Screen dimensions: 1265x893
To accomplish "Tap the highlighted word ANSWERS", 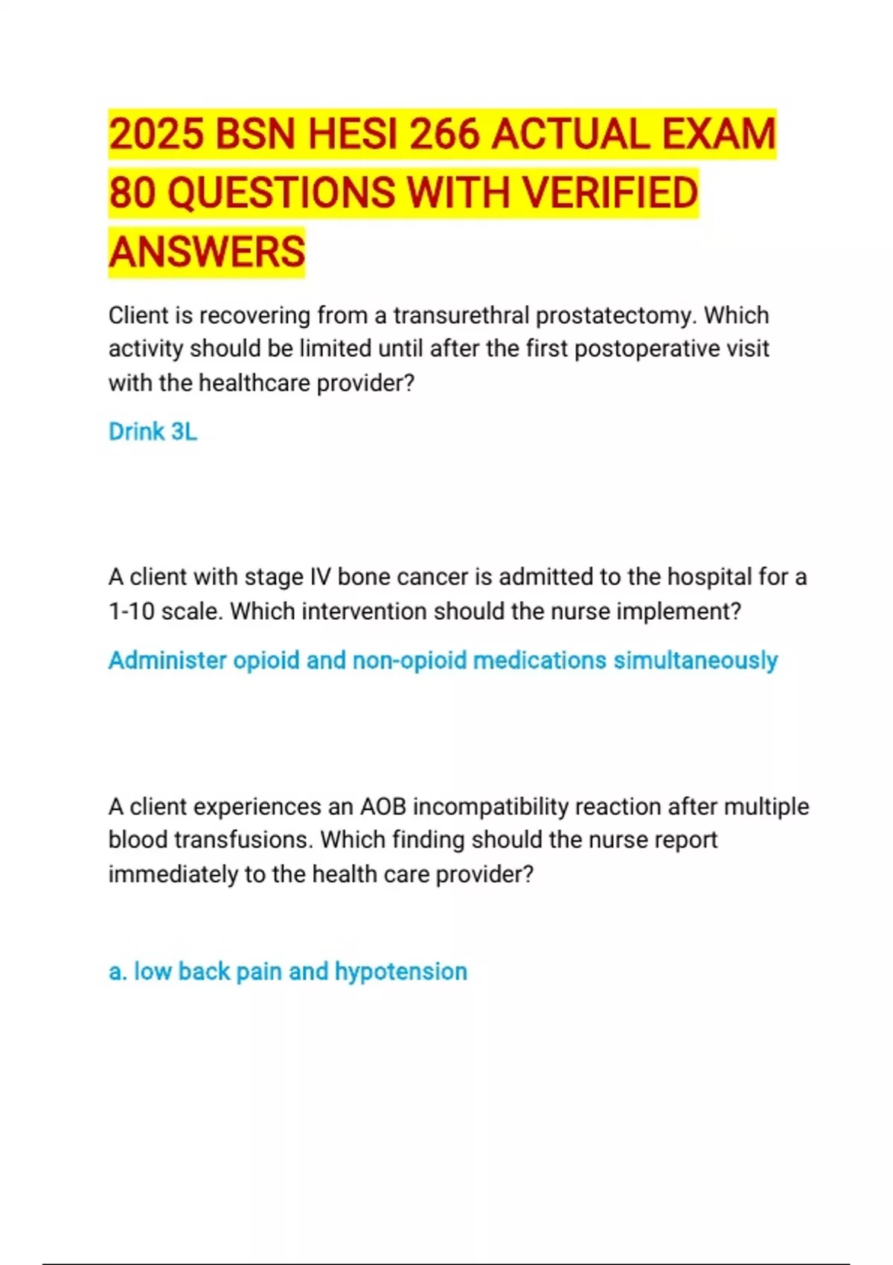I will click(x=207, y=252).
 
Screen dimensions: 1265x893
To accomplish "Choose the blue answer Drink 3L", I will click(x=153, y=432).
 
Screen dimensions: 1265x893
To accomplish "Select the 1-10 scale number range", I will click(x=131, y=612).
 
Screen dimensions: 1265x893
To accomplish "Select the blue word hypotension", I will click(x=401, y=972).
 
